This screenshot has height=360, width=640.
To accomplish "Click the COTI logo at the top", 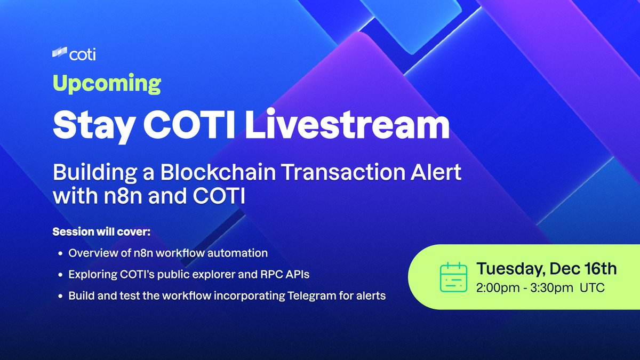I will (x=74, y=54).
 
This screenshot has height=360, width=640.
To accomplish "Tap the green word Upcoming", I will (x=107, y=84).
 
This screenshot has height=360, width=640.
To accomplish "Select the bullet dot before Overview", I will (x=60, y=253).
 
